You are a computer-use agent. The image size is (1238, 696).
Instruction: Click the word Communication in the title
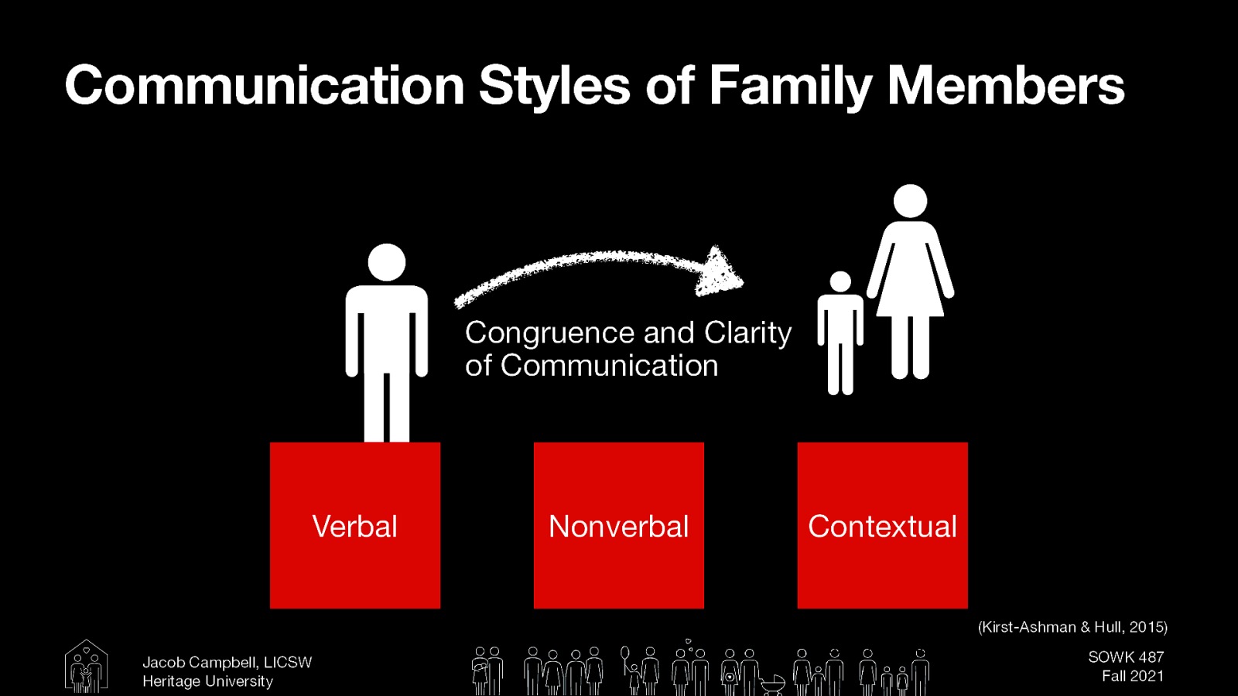pyautogui.click(x=264, y=85)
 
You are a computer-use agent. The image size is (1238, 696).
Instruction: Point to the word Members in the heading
pyautogui.click(x=1005, y=85)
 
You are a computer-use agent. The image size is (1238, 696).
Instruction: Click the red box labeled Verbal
pyautogui.click(x=355, y=525)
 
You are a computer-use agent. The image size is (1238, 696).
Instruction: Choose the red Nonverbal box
pyautogui.click(x=619, y=525)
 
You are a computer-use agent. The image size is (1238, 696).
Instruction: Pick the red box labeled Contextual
pyautogui.click(x=882, y=525)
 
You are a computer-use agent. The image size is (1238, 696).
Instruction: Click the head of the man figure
pyautogui.click(x=387, y=262)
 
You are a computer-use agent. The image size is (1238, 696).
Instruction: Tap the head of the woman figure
pyautogui.click(x=910, y=201)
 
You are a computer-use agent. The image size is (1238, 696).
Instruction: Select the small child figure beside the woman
pyautogui.click(x=840, y=333)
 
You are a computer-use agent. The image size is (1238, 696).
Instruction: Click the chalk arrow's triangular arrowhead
pyautogui.click(x=719, y=271)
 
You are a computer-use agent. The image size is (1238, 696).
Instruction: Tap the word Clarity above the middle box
pyautogui.click(x=747, y=333)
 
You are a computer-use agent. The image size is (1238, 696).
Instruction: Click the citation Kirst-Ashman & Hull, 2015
pyautogui.click(x=1072, y=627)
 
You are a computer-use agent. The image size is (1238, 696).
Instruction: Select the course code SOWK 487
pyautogui.click(x=1126, y=657)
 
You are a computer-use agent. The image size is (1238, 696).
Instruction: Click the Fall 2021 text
pyautogui.click(x=1133, y=676)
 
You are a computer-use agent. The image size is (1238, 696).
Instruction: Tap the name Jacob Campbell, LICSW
pyautogui.click(x=227, y=663)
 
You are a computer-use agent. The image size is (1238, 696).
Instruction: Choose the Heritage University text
pyautogui.click(x=207, y=681)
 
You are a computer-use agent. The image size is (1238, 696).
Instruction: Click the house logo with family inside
pyautogui.click(x=86, y=666)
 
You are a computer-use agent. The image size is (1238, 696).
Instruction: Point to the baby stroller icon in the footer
pyautogui.click(x=772, y=684)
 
